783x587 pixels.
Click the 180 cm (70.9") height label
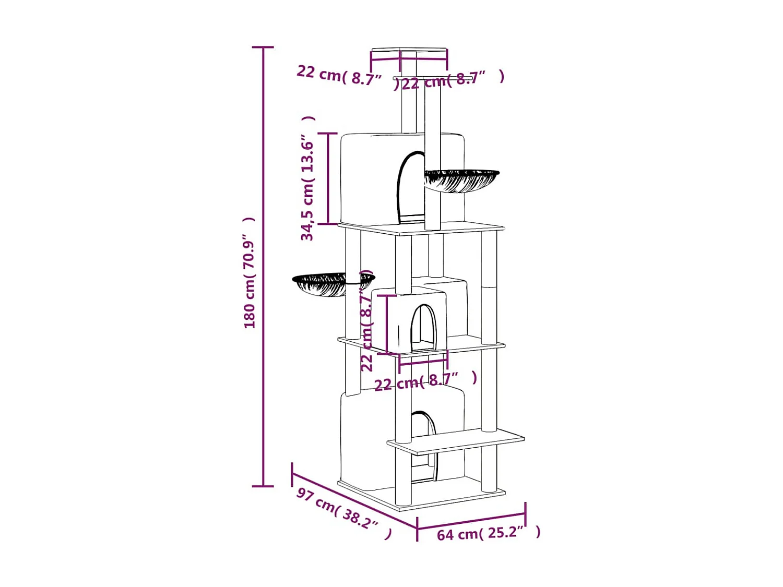click(250, 272)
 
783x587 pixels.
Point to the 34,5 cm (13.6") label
click(308, 178)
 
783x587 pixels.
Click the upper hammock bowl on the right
click(461, 181)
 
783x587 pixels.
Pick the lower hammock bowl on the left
click(334, 284)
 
